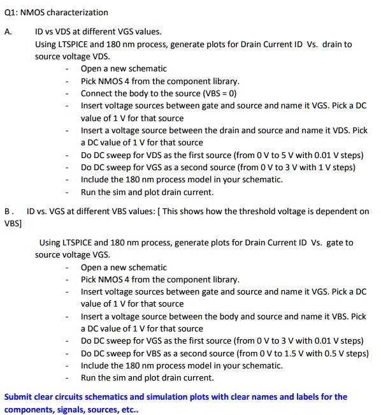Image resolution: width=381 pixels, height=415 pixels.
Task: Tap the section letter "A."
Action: tap(8, 31)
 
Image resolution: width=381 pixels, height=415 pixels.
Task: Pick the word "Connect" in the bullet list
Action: tap(96, 94)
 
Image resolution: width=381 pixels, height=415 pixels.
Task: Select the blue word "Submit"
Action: tap(18, 397)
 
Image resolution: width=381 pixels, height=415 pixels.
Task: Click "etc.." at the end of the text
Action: tap(128, 409)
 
